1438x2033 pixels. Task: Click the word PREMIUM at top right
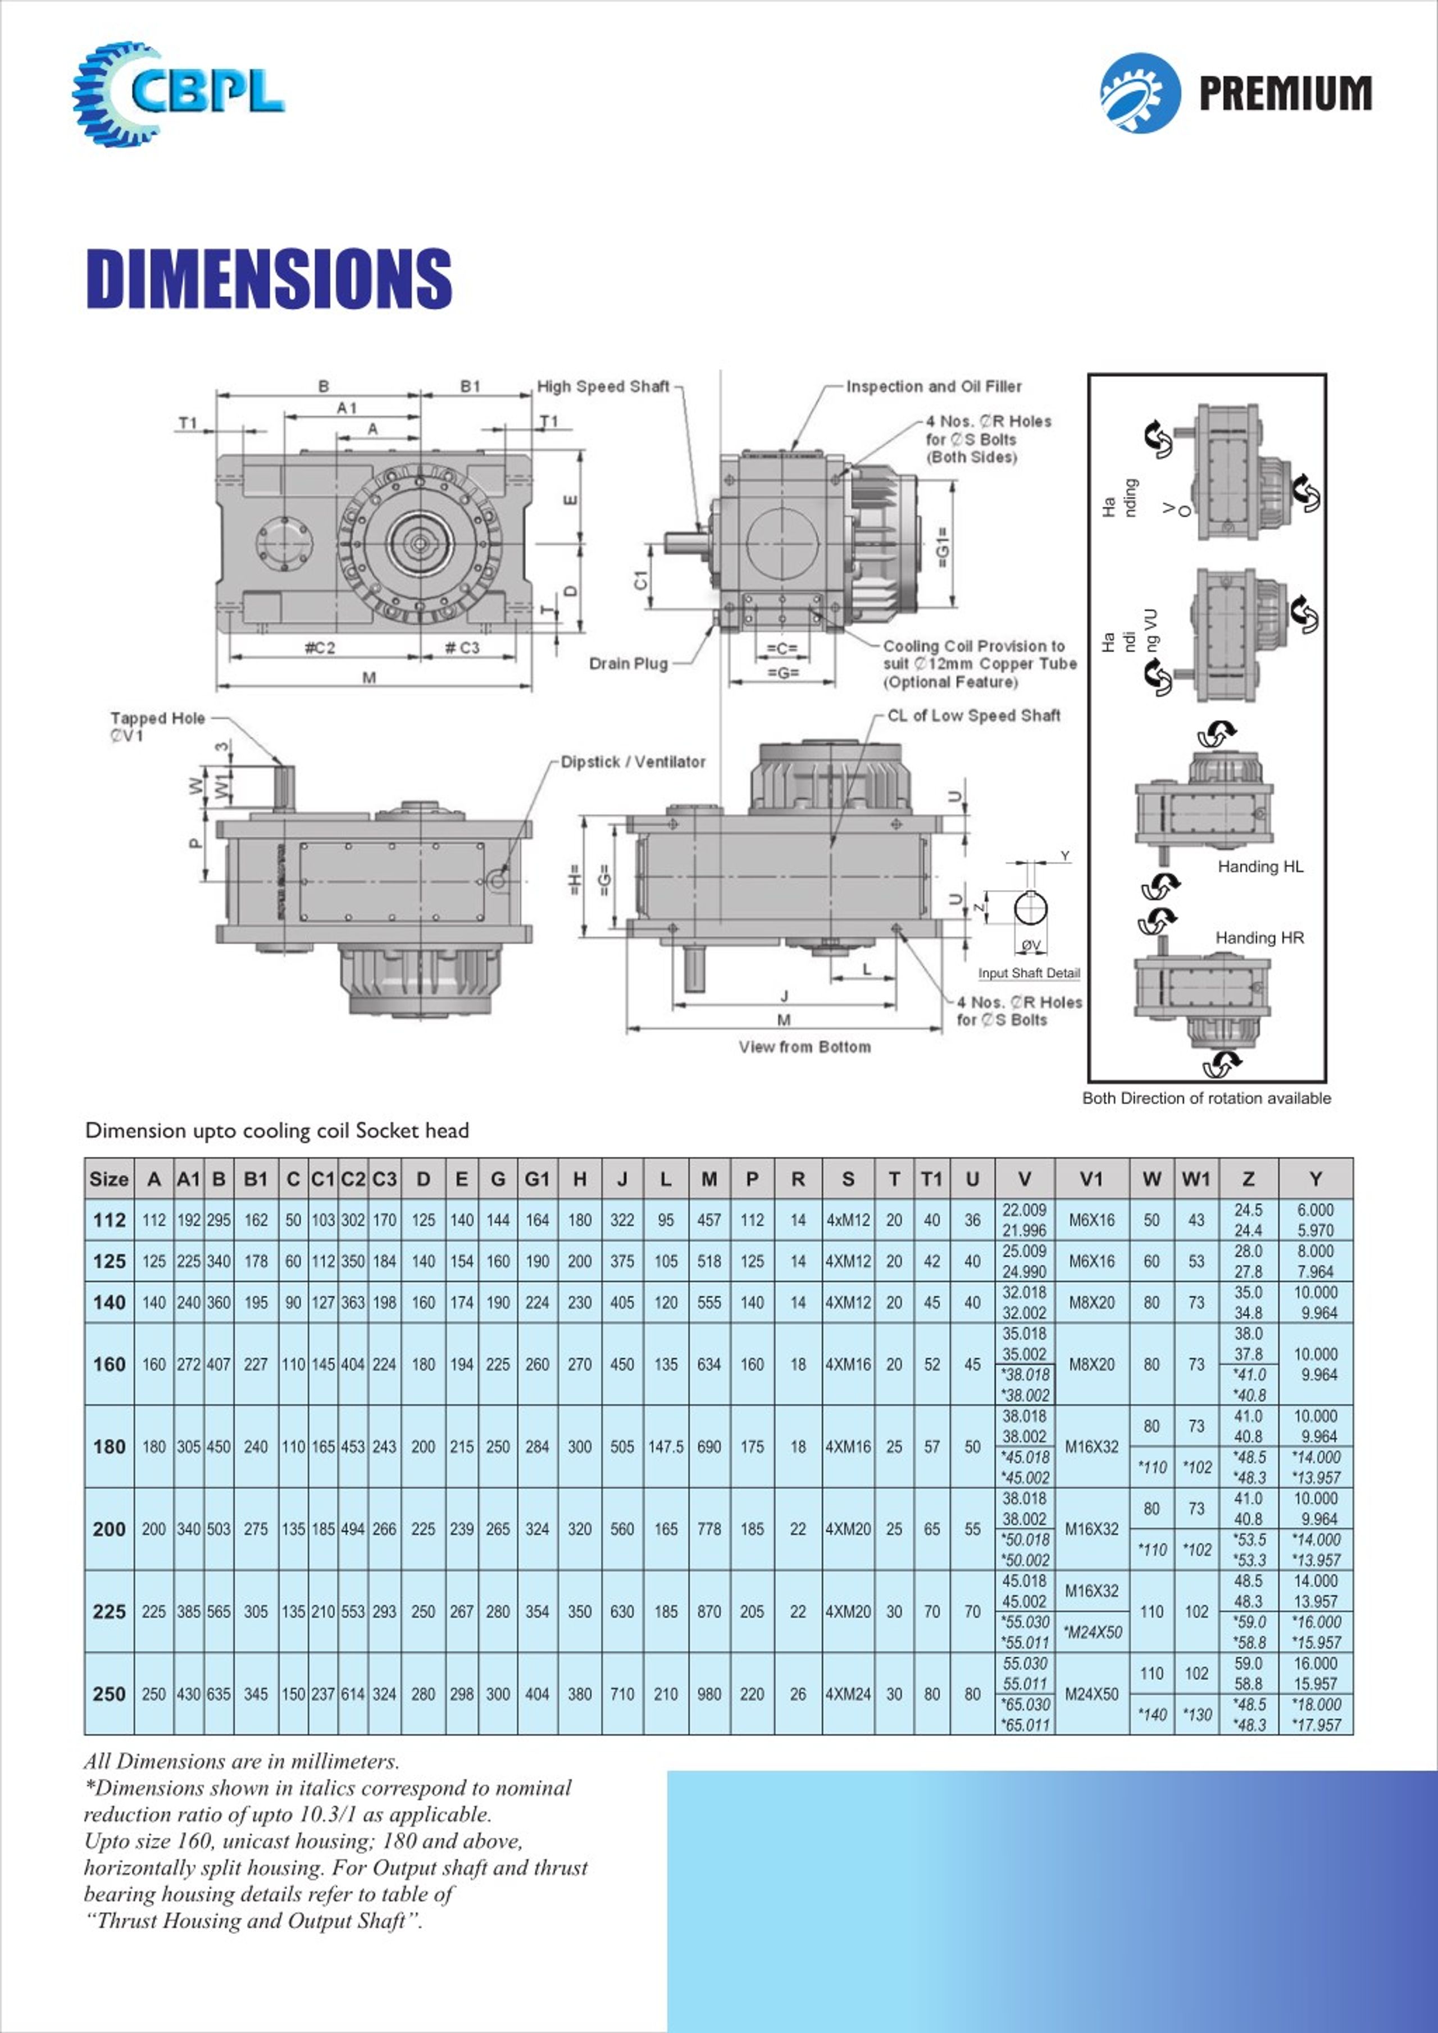click(x=1284, y=93)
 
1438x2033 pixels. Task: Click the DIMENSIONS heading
click(x=269, y=278)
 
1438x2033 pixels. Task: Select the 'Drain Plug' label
click(x=628, y=663)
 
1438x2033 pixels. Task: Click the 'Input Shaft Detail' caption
click(x=1029, y=973)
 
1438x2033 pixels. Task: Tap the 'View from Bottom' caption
click(x=804, y=1047)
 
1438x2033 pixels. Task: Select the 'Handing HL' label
click(x=1260, y=867)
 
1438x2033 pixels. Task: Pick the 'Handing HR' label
click(x=1259, y=938)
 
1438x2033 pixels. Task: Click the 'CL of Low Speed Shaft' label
click(x=973, y=715)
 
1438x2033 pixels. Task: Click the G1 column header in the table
click(x=536, y=1179)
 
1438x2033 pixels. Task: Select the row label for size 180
click(x=109, y=1447)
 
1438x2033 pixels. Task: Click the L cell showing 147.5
click(x=665, y=1447)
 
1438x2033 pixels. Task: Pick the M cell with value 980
click(x=708, y=1694)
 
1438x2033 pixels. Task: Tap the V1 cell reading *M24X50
click(x=1092, y=1632)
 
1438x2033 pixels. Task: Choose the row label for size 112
click(x=109, y=1220)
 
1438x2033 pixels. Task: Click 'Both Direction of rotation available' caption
click(x=1206, y=1098)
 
